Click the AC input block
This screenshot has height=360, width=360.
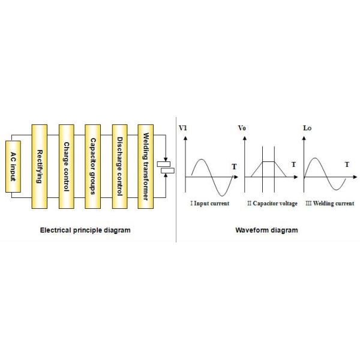[13, 166]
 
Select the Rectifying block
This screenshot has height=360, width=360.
[40, 166]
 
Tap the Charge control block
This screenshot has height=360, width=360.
[67, 166]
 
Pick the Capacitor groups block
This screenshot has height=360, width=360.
[93, 166]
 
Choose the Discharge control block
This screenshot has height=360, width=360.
[119, 166]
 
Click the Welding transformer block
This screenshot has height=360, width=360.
[146, 166]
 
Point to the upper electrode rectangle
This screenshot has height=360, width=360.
[164, 164]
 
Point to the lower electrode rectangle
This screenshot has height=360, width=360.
[167, 170]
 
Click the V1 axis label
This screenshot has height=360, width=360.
[183, 128]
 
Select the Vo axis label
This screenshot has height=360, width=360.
[242, 128]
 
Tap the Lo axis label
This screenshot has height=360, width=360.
[307, 128]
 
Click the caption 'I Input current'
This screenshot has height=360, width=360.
[210, 203]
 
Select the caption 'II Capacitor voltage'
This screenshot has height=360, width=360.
[272, 203]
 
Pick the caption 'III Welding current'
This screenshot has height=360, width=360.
[330, 203]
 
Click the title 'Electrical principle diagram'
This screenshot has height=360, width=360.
[85, 230]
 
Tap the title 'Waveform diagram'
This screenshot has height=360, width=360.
[266, 230]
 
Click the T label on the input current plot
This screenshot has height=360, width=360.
[234, 167]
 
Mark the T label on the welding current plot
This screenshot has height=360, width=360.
[347, 164]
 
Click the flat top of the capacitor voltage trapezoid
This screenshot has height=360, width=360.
[268, 161]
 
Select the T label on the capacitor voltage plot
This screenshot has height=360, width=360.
[293, 164]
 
